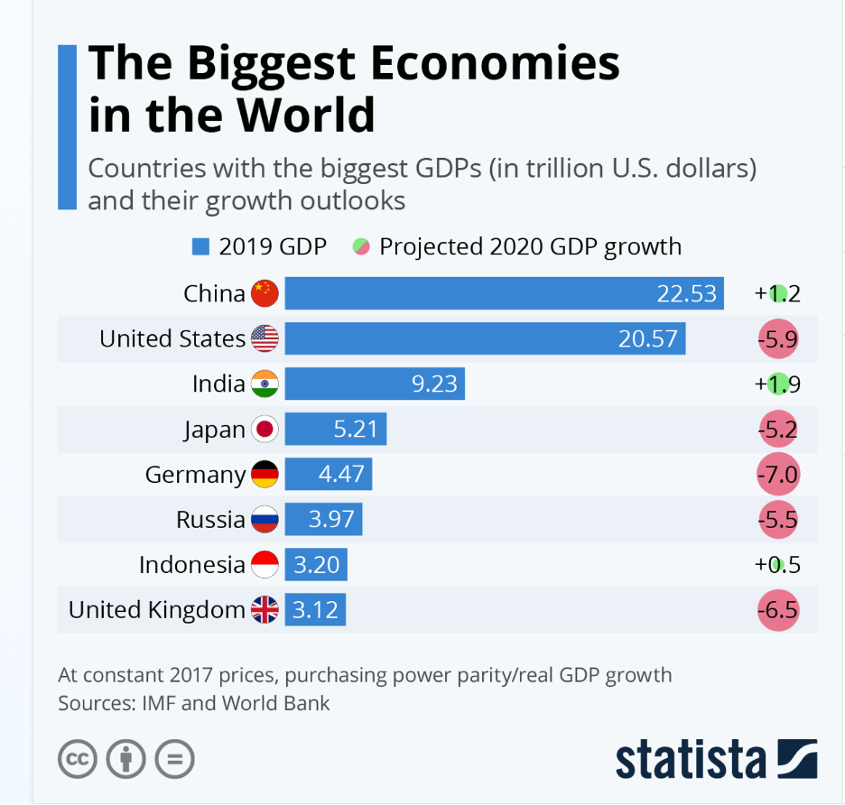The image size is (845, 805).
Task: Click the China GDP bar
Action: pyautogui.click(x=504, y=293)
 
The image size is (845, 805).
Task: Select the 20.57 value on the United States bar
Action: pyautogui.click(x=647, y=338)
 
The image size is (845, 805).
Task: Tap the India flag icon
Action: pyautogui.click(x=265, y=384)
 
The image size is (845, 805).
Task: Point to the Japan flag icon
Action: pyautogui.click(x=265, y=430)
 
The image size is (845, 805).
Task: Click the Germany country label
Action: pyautogui.click(x=195, y=475)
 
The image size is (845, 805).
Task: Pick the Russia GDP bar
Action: pyautogui.click(x=323, y=520)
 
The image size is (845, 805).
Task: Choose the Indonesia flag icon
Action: pyautogui.click(x=265, y=565)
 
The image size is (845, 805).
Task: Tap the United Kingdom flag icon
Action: pyautogui.click(x=265, y=610)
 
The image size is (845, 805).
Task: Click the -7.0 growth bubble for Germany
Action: pyautogui.click(x=778, y=475)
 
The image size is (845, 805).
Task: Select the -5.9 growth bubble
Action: pyautogui.click(x=778, y=339)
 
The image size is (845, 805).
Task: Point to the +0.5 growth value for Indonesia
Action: pyautogui.click(x=777, y=565)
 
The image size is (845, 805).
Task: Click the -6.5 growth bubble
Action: pyautogui.click(x=778, y=610)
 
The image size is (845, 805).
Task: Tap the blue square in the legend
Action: pyautogui.click(x=200, y=246)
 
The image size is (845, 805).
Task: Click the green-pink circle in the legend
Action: pyautogui.click(x=361, y=246)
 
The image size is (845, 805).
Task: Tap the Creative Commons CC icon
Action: pyautogui.click(x=78, y=759)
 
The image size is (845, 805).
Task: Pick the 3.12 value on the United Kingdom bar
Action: pyautogui.click(x=315, y=610)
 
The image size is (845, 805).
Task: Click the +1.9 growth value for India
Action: pyautogui.click(x=777, y=384)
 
